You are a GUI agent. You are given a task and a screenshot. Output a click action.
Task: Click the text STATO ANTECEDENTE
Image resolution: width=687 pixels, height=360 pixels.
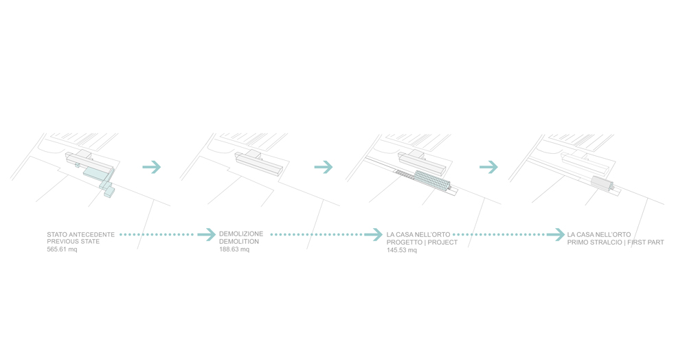(x=80, y=235)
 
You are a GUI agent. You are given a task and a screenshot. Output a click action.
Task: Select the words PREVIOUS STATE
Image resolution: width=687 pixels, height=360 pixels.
(x=74, y=242)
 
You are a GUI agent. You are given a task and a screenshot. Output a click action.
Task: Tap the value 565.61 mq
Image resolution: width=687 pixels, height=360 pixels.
(x=62, y=249)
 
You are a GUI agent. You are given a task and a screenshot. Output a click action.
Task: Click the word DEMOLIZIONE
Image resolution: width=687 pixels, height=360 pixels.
(x=241, y=234)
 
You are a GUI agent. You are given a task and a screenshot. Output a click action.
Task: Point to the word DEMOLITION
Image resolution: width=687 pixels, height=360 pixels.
(x=239, y=242)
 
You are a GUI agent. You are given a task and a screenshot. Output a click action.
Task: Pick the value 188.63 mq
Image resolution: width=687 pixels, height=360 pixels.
(x=234, y=249)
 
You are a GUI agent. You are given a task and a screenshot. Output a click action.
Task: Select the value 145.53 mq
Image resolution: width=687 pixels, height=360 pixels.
(x=401, y=251)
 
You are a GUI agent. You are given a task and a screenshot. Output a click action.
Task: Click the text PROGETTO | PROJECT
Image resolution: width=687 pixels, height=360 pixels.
(x=422, y=243)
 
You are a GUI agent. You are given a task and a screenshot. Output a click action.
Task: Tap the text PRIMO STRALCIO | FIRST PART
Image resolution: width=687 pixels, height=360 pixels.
(x=616, y=243)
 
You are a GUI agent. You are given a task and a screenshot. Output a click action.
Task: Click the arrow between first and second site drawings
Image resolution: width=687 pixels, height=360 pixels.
(x=152, y=167)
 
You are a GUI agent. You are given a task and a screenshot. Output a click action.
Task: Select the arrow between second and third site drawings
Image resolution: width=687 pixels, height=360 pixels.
(x=324, y=167)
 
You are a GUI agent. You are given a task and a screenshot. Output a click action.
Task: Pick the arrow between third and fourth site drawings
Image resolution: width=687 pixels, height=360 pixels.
(x=488, y=167)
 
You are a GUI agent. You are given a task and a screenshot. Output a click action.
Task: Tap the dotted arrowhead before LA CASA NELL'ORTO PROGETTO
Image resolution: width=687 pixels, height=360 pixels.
(x=373, y=235)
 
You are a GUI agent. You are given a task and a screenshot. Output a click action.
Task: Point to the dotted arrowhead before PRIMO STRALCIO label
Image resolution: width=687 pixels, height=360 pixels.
(x=556, y=235)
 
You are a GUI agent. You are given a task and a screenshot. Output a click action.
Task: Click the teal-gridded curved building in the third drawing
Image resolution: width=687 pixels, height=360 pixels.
(x=432, y=181)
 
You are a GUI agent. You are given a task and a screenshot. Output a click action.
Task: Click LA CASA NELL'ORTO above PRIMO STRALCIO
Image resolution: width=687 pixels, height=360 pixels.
(x=599, y=235)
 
